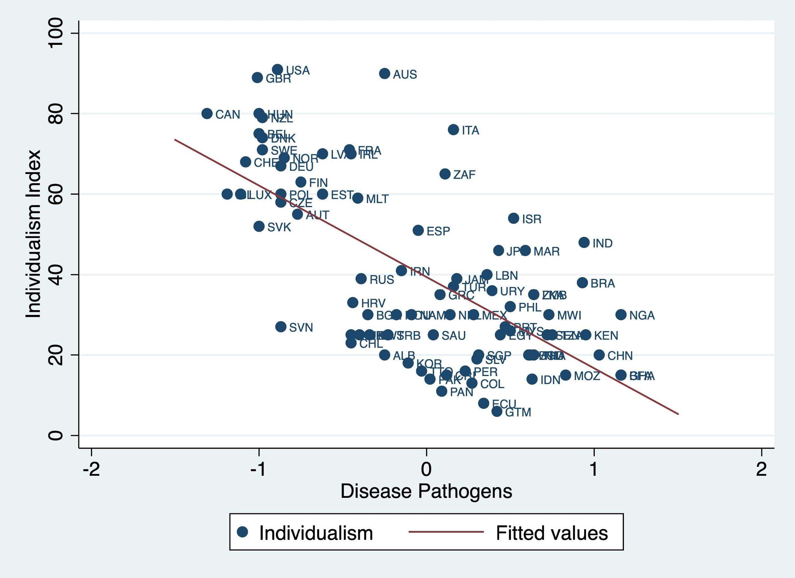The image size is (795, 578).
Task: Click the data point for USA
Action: coord(277,69)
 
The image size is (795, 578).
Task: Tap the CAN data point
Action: coord(207,114)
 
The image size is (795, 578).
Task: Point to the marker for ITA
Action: coord(453,130)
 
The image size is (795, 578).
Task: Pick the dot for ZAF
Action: coord(445,174)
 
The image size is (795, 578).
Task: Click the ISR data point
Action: coord(514,218)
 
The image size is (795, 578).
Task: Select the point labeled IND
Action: coord(584,242)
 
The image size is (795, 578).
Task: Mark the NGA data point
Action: coord(621,315)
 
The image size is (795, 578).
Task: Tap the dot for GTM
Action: coord(497,411)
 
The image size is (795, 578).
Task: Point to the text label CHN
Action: coord(620,356)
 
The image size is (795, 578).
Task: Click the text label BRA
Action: coord(603,283)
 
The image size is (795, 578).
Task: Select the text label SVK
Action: coord(279,227)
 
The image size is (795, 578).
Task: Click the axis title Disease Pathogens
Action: coord(426,491)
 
